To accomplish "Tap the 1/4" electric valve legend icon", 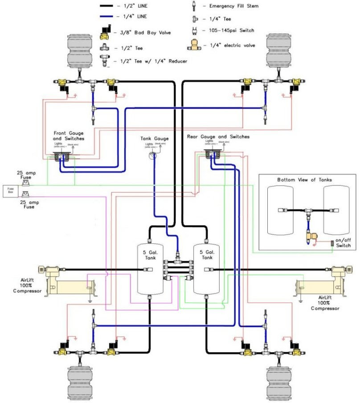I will pos(195,45).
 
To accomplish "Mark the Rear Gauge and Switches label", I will pos(218,136).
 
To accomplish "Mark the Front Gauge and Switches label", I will pos(69,136).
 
